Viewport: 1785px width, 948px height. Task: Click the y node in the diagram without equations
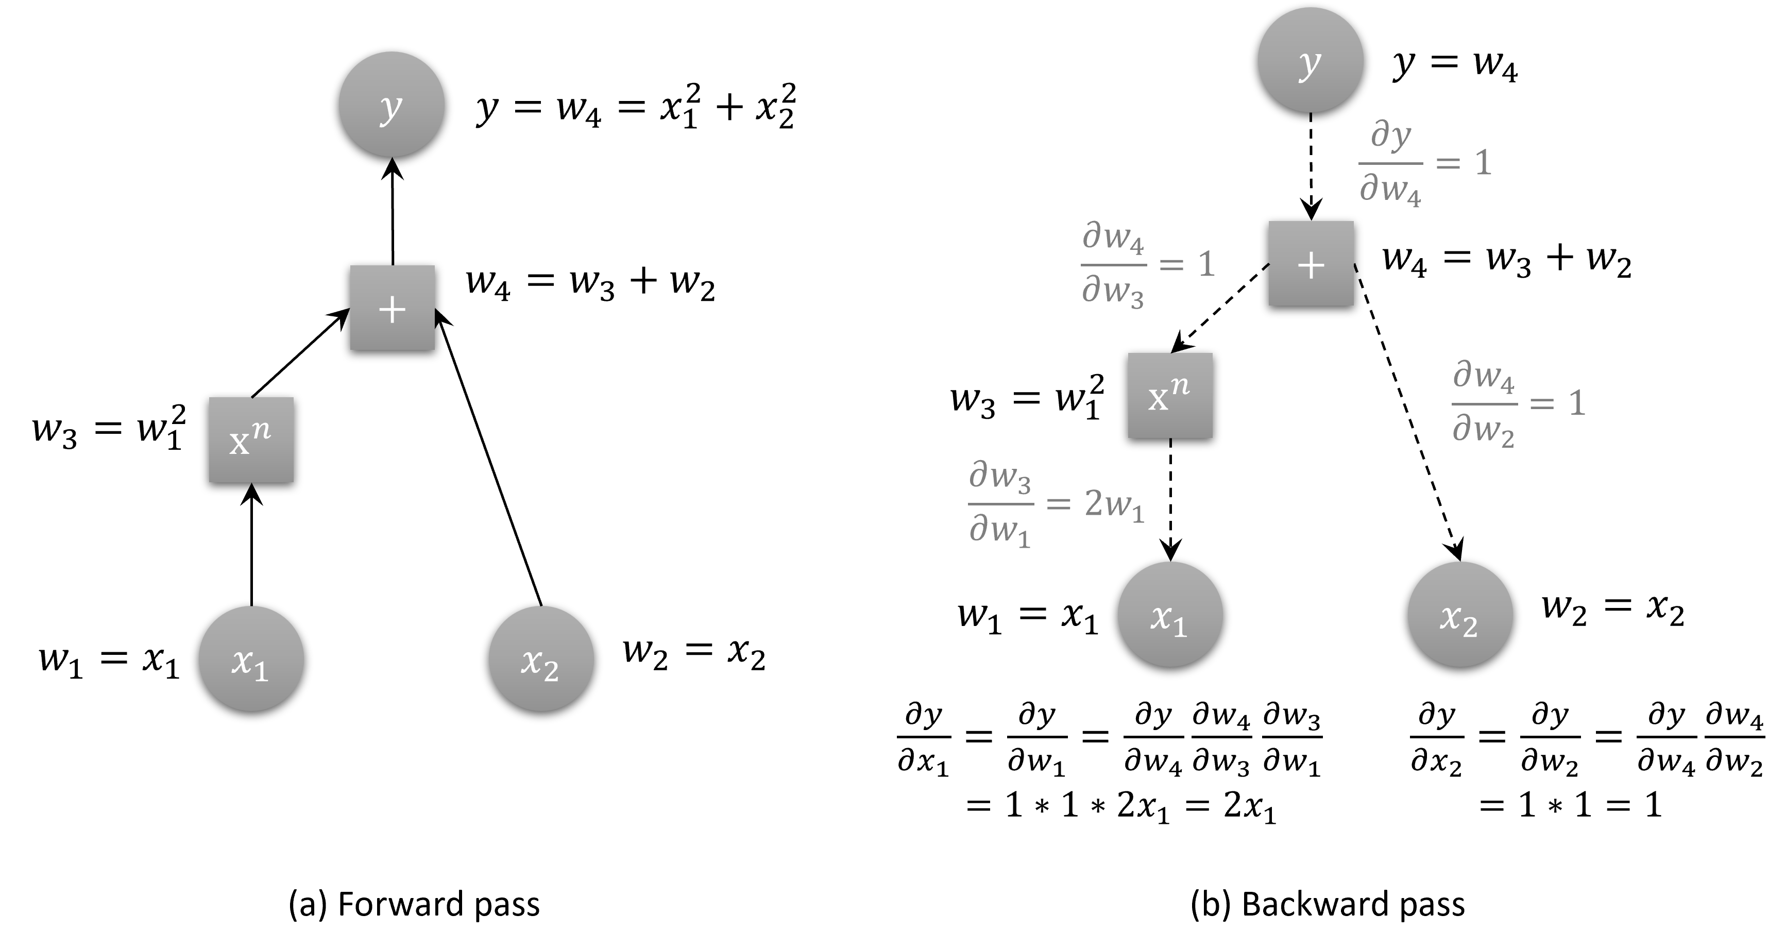pos(392,104)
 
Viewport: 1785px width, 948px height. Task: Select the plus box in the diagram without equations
pos(392,308)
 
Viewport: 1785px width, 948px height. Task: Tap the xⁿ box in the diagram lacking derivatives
pos(251,439)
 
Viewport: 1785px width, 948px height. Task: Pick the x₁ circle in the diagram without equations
pos(251,658)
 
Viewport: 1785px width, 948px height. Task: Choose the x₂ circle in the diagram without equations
pos(541,658)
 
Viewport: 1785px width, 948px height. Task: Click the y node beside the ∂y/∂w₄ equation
pos(1311,60)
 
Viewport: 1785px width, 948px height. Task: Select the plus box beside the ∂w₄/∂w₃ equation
pos(1311,263)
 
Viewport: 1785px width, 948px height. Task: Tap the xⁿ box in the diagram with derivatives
pos(1170,395)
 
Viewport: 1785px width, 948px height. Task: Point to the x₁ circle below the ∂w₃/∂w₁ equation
pos(1170,614)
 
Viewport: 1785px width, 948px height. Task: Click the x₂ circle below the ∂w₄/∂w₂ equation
pos(1460,614)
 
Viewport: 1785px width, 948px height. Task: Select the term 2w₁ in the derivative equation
pos(1114,504)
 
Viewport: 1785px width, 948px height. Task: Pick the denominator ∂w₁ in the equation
pos(1000,531)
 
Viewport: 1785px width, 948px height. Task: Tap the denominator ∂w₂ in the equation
pos(1484,430)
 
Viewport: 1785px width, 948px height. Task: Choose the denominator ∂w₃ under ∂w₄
pos(1113,290)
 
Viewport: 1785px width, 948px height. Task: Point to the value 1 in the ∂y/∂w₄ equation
pos(1483,163)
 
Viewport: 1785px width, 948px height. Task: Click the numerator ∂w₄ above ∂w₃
pos(1113,237)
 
